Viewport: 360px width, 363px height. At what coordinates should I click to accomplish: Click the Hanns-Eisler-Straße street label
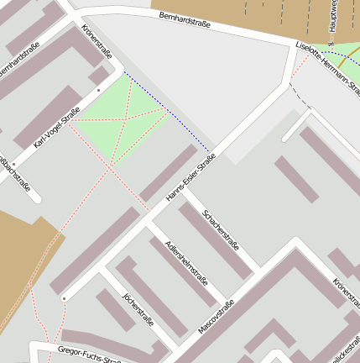pyautogui.click(x=191, y=176)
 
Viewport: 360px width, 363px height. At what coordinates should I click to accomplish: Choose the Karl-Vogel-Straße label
pyautogui.click(x=56, y=129)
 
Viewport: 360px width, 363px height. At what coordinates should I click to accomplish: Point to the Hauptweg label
pyautogui.click(x=333, y=17)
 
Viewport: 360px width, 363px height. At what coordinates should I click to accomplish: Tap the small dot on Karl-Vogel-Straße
pyautogui.click(x=99, y=89)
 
